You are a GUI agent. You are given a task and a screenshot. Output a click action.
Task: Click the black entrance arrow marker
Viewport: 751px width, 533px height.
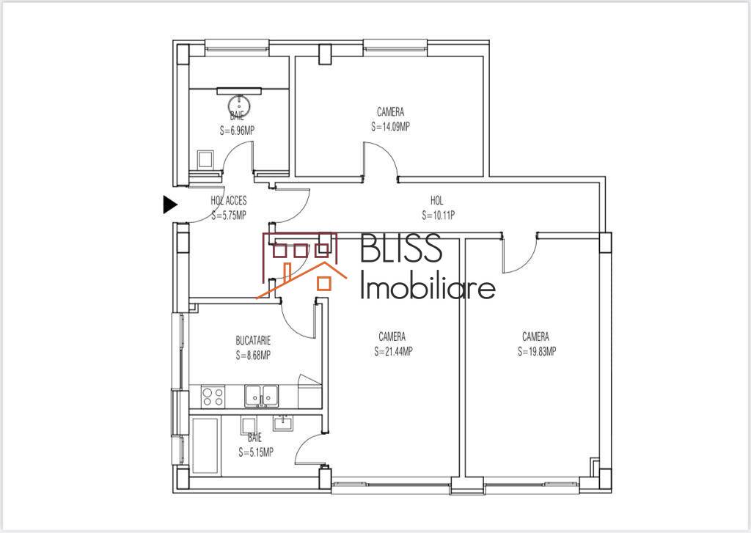tap(169, 205)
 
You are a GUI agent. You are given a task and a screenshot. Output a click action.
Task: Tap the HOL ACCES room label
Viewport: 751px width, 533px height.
tap(229, 201)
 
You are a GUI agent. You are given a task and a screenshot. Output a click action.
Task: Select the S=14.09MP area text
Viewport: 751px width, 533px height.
tap(390, 127)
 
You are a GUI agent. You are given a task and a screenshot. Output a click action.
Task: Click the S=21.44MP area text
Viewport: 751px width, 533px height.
tap(393, 351)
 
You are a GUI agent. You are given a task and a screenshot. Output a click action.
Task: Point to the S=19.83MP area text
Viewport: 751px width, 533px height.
tap(536, 351)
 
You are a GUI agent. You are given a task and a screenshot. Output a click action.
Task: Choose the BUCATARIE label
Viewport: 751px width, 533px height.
tap(253, 340)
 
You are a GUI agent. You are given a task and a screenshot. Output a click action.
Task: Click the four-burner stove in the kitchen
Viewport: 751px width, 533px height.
tap(213, 397)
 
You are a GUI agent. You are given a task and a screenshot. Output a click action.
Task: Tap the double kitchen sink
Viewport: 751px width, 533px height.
tap(261, 396)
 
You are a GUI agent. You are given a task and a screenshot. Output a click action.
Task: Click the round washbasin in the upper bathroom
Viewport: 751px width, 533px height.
tap(238, 104)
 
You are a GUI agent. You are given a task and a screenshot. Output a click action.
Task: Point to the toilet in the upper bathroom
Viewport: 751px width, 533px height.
tap(205, 160)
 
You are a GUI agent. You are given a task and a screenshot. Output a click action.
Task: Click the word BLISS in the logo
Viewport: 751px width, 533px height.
tap(400, 248)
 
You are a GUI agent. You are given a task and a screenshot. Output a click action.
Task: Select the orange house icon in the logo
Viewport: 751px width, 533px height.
tap(301, 280)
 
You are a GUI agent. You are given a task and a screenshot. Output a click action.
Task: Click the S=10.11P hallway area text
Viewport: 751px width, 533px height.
tap(438, 216)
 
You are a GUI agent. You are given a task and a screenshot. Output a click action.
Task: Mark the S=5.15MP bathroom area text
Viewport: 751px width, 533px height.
tap(256, 452)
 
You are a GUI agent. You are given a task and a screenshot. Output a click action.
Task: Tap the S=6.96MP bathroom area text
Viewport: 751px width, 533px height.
tap(237, 131)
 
